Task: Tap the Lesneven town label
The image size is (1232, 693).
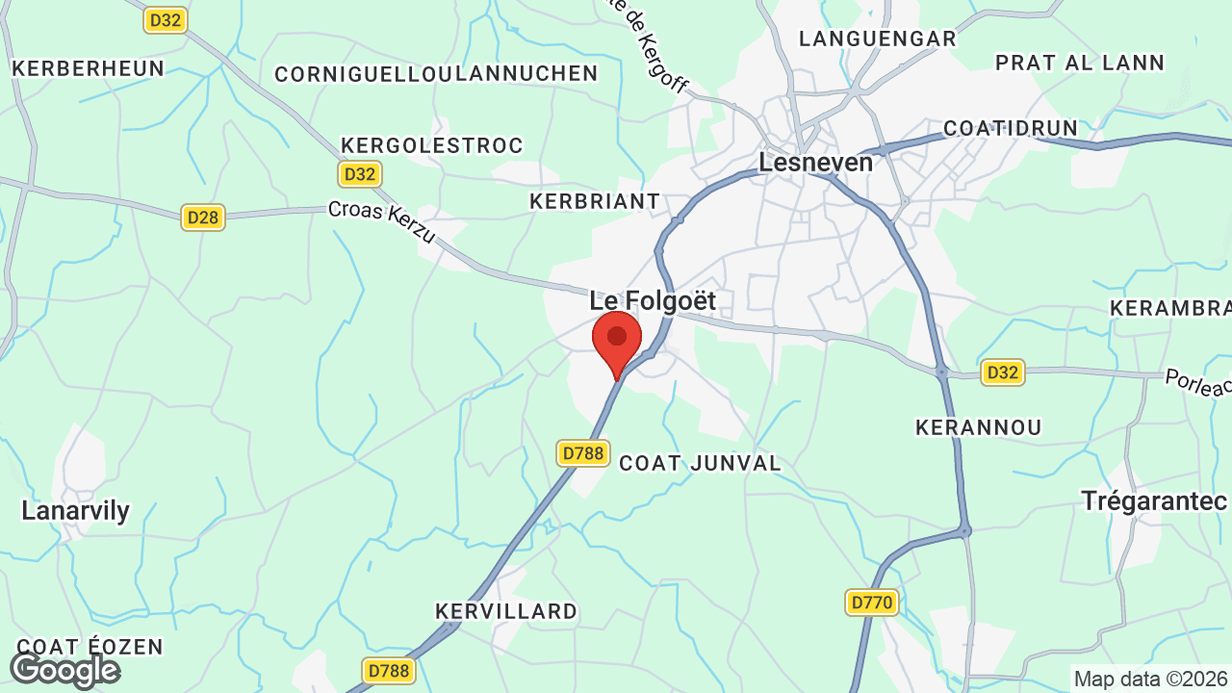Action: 815,162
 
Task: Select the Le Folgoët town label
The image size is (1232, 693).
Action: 653,301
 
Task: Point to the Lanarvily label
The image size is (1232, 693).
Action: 75,510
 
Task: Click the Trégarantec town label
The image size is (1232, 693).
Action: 1154,500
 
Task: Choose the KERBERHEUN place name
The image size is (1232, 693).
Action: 88,68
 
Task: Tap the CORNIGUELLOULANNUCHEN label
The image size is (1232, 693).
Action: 436,74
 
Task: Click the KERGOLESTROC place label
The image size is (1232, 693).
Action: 432,145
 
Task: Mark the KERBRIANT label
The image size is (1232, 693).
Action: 595,201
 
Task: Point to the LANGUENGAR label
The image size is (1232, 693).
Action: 878,38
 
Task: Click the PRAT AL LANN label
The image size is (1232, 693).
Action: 1080,63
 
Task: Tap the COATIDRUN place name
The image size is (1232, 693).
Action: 1011,128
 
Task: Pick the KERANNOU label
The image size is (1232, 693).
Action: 978,427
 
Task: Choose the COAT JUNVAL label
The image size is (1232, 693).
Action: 700,463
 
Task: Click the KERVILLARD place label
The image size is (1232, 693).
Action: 506,611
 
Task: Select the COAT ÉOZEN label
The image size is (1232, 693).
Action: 90,647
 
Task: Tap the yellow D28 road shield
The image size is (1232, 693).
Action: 203,218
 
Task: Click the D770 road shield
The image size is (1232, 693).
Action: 873,603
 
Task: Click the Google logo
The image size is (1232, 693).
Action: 64,670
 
